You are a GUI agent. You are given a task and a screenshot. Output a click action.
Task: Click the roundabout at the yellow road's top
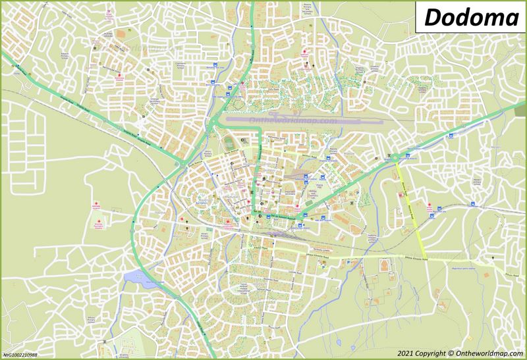click(395, 158)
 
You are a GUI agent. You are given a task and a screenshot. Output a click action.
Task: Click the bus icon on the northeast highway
click(451, 136)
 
